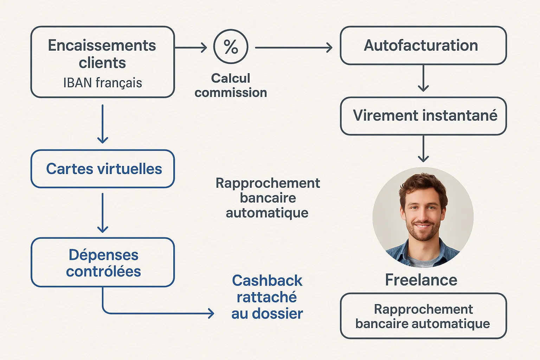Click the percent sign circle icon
click(231, 46)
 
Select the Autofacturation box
click(423, 46)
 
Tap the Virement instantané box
click(423, 116)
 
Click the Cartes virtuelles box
click(103, 169)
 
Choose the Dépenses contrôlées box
click(103, 263)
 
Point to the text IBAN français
click(103, 83)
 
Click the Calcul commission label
click(231, 85)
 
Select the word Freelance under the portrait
click(421, 280)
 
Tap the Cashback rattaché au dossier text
click(267, 297)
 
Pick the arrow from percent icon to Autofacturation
click(294, 47)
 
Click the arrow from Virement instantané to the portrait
click(423, 149)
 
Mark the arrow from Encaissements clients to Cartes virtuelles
click(103, 124)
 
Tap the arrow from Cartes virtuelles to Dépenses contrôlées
click(103, 213)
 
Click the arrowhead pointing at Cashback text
click(211, 313)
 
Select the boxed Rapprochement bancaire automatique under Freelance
click(423, 316)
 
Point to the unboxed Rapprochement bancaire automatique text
click(268, 198)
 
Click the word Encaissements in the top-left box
click(102, 46)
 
